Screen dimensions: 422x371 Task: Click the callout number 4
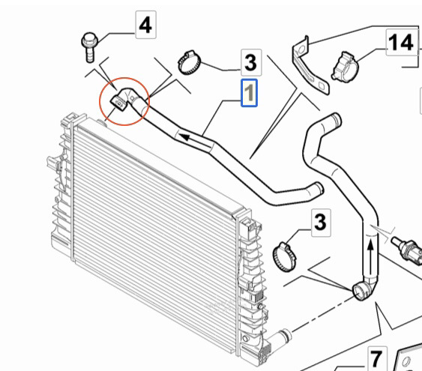click(x=145, y=25)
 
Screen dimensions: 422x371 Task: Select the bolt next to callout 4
click(x=90, y=46)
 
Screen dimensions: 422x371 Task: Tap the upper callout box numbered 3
click(x=251, y=62)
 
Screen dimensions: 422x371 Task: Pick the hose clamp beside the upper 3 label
click(x=189, y=63)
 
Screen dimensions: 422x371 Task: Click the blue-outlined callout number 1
click(x=249, y=93)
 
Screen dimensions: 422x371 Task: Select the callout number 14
click(x=402, y=43)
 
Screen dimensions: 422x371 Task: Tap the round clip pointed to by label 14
click(x=345, y=66)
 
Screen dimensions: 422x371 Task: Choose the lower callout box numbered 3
click(x=321, y=223)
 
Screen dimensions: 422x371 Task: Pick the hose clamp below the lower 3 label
click(x=284, y=256)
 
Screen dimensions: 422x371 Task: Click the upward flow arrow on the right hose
click(x=370, y=256)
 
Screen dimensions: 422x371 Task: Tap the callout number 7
click(x=377, y=359)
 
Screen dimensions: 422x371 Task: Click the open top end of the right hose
click(x=336, y=119)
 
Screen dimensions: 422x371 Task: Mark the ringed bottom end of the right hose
click(x=361, y=292)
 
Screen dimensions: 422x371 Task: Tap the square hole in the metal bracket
click(x=322, y=86)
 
